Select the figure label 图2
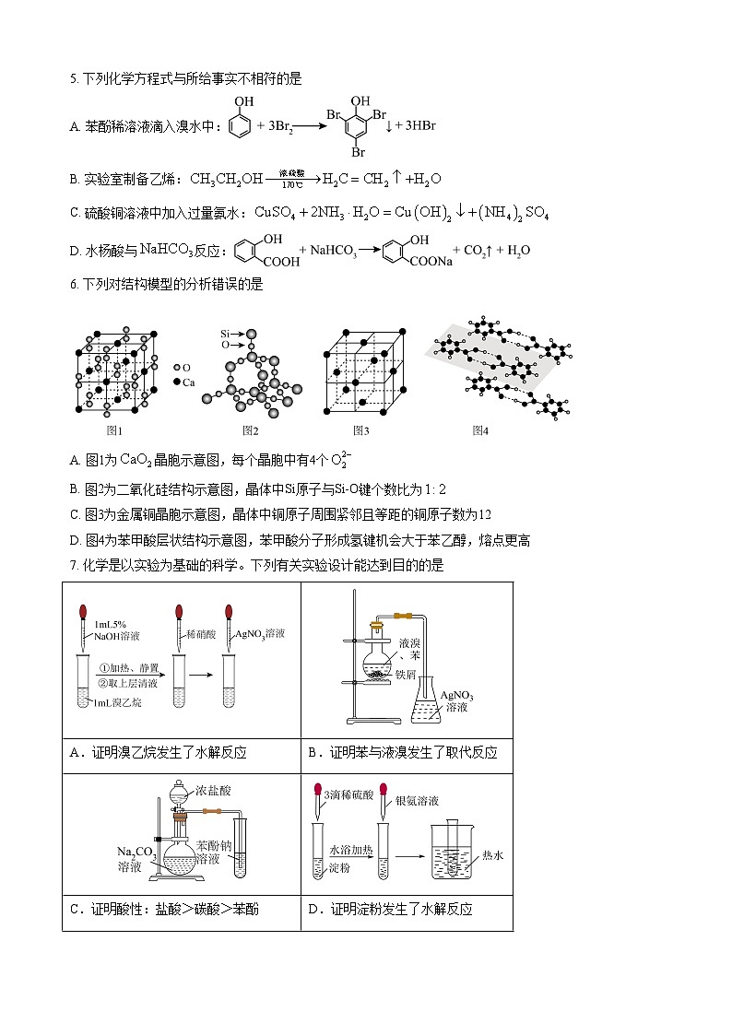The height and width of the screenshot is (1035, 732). click(250, 430)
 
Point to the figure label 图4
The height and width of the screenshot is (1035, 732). click(479, 430)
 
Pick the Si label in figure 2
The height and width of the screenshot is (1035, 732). click(225, 332)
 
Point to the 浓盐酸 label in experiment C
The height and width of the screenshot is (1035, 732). click(213, 791)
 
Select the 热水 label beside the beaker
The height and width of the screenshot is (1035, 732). click(493, 855)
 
